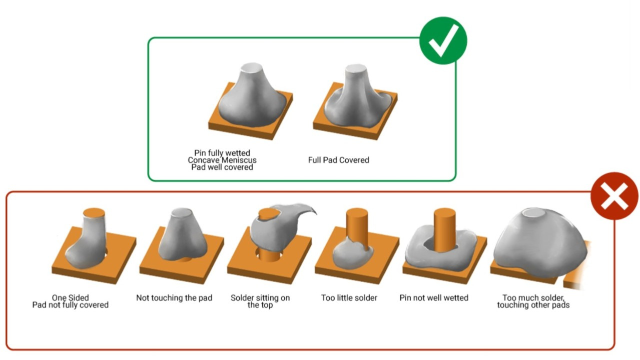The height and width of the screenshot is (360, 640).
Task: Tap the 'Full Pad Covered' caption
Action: (338, 160)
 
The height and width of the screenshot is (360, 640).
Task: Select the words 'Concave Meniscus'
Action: (222, 160)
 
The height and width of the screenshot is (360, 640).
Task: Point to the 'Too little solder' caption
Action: (349, 298)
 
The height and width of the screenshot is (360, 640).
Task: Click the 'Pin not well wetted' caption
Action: (434, 298)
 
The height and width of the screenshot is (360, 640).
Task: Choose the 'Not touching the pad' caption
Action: (174, 298)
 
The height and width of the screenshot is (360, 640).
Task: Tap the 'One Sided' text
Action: (70, 298)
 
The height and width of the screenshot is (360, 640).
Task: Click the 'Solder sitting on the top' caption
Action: (260, 301)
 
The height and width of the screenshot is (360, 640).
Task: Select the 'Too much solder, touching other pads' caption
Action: (533, 301)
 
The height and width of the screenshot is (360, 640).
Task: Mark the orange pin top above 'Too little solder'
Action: (357, 213)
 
